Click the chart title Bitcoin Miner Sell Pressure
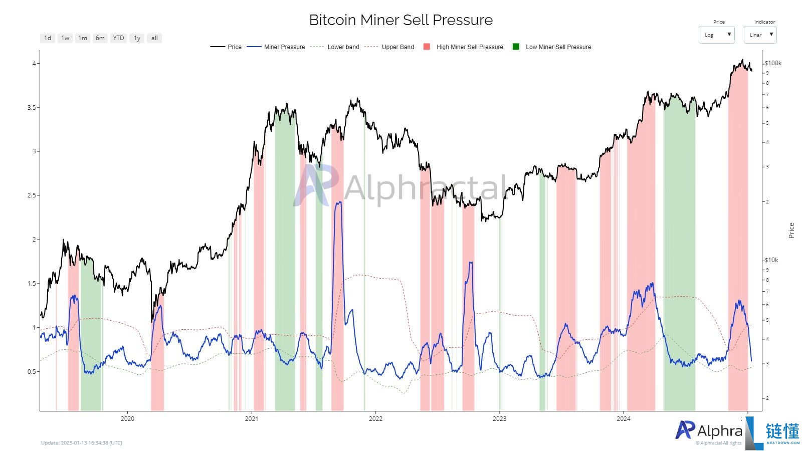point(400,20)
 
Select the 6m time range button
point(100,38)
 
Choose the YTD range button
point(118,38)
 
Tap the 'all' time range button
point(154,38)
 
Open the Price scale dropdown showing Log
point(716,35)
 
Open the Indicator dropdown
point(760,35)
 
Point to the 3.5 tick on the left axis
point(31,108)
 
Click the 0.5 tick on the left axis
point(31,372)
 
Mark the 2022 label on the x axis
point(375,418)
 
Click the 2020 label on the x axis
point(127,418)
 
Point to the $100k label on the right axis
point(773,63)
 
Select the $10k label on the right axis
point(771,260)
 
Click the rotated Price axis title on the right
point(791,231)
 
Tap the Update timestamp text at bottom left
point(81,443)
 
